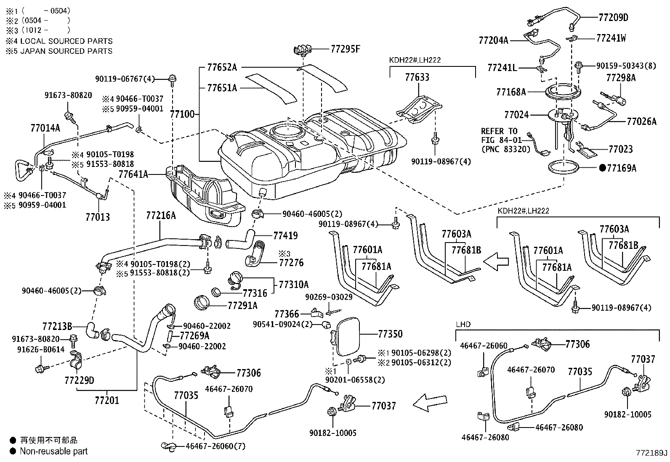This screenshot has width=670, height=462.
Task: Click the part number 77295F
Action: pyautogui.click(x=346, y=49)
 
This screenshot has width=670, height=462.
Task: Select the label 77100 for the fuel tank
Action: pyautogui.click(x=182, y=114)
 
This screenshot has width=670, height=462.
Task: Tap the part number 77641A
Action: pyautogui.click(x=133, y=174)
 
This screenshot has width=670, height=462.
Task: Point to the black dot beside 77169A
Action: pyautogui.click(x=603, y=168)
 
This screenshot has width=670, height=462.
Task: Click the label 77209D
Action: pyautogui.click(x=613, y=17)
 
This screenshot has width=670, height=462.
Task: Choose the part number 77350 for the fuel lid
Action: pyautogui.click(x=390, y=334)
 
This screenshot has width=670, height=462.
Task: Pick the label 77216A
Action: pyautogui.click(x=161, y=216)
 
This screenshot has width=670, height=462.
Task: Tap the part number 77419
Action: pyautogui.click(x=285, y=235)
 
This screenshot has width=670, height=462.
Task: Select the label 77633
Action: pyautogui.click(x=417, y=77)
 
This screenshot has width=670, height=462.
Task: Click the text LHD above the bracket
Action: pyautogui.click(x=463, y=325)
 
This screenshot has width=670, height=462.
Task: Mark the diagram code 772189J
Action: pyautogui.click(x=651, y=453)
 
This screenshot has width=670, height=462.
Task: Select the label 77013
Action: pyautogui.click(x=98, y=217)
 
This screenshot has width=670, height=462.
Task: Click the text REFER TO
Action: pyautogui.click(x=499, y=131)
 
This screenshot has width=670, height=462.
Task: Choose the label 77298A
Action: pyautogui.click(x=621, y=77)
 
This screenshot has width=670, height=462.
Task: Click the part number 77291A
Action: pyautogui.click(x=242, y=305)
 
